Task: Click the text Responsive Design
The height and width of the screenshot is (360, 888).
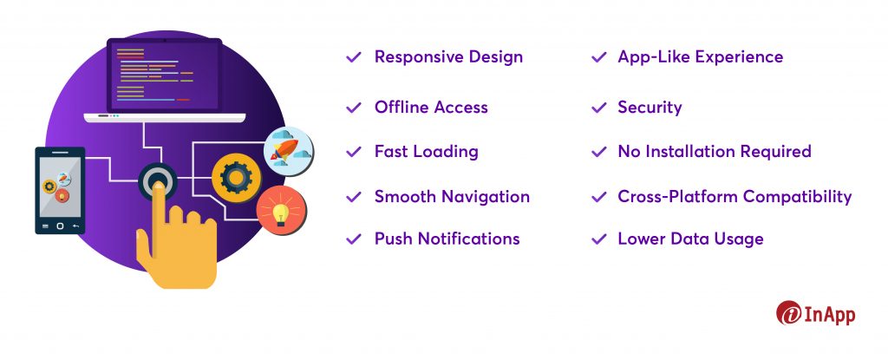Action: [x=448, y=57]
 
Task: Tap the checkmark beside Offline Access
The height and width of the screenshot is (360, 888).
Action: [x=354, y=108]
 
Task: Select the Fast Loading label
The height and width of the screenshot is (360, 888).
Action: [x=427, y=152]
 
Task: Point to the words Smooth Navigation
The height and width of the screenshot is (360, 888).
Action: [x=452, y=197]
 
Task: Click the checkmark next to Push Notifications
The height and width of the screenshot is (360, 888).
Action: [x=354, y=239]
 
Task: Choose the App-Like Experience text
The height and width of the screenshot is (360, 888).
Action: [x=701, y=57]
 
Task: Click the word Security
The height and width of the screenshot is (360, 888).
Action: [x=650, y=108]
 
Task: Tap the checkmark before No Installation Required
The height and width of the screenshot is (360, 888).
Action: [x=598, y=152]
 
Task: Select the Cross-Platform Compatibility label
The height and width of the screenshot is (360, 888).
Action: [x=735, y=197]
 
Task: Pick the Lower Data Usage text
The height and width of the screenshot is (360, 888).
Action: [x=690, y=239]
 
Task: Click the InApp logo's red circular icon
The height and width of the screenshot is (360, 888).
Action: [x=789, y=313]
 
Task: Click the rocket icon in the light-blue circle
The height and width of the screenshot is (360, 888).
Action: [x=284, y=151]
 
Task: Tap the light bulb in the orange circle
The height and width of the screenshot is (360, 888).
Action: [x=280, y=213]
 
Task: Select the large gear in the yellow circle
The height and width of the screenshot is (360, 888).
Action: [x=236, y=178]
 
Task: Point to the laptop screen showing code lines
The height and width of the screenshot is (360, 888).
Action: [x=164, y=75]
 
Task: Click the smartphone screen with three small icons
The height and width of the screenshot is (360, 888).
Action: [x=60, y=187]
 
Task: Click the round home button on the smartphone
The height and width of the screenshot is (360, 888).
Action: [x=60, y=226]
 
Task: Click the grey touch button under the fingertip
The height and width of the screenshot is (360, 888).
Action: [x=158, y=180]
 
